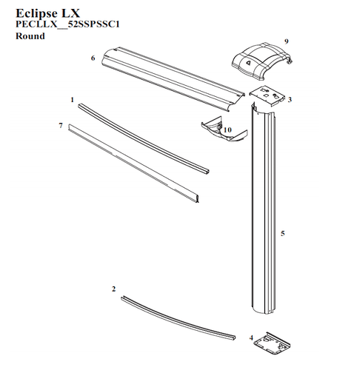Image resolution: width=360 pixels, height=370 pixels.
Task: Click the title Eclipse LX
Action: (x=47, y=13)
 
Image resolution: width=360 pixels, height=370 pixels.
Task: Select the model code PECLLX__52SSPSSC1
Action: (x=67, y=24)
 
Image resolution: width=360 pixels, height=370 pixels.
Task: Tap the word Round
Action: (x=30, y=36)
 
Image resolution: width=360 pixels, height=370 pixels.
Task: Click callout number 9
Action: (x=286, y=41)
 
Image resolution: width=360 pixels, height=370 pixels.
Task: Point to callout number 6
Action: (x=93, y=58)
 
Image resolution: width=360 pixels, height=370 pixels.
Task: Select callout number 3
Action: (x=290, y=100)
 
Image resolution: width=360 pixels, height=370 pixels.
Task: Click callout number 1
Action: (x=72, y=100)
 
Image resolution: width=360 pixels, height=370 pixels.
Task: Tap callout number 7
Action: (x=61, y=126)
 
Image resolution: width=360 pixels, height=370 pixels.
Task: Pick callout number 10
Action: (x=227, y=129)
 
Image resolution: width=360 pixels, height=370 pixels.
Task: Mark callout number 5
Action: (x=283, y=233)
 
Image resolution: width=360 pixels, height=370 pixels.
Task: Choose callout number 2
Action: (x=113, y=289)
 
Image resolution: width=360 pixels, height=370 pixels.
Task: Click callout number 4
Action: (x=251, y=337)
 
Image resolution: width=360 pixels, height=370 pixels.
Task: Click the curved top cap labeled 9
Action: (x=261, y=61)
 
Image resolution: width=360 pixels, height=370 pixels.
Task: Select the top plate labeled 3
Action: (x=267, y=96)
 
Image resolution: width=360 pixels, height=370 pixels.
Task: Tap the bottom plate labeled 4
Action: (x=272, y=343)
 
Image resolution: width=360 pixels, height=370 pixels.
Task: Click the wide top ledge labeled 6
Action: (x=173, y=78)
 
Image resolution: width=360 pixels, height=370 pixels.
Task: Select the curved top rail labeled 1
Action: (x=143, y=138)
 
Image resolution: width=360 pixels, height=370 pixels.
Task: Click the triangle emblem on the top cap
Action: (x=248, y=62)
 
